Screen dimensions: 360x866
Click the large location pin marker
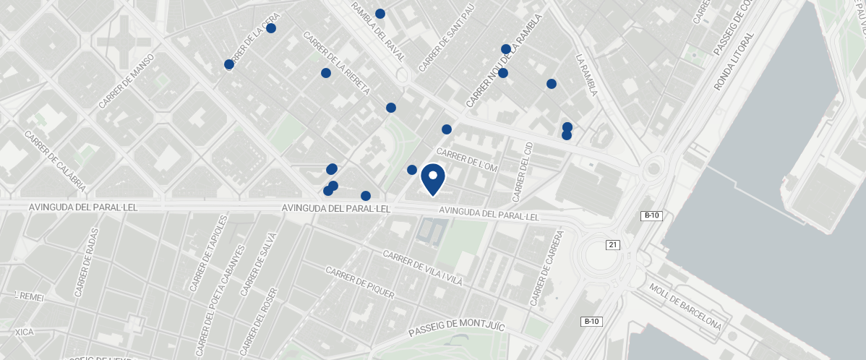[x=432, y=178]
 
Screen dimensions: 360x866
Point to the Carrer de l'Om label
[x=468, y=161]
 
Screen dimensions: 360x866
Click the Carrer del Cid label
[x=522, y=172]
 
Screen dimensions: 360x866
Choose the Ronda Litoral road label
[x=734, y=61]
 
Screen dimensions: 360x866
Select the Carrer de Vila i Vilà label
[x=422, y=268]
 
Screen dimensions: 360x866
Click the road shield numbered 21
[x=614, y=244]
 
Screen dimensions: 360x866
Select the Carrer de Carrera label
[x=546, y=269]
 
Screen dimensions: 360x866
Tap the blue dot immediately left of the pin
[x=412, y=170]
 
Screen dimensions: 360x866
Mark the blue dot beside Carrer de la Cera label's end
[x=271, y=28]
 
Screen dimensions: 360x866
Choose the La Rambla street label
[x=587, y=75]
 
